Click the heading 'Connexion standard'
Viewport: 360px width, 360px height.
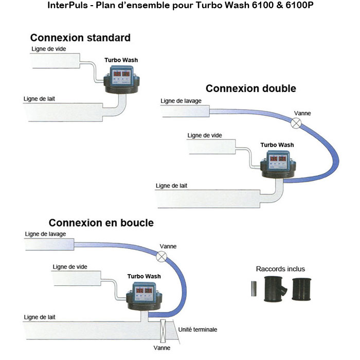(x=80, y=38)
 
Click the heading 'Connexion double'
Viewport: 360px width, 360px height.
(x=250, y=88)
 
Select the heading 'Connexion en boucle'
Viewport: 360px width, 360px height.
(x=101, y=223)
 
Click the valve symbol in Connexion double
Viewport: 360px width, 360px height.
(x=297, y=122)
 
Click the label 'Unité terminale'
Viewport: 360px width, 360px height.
(x=197, y=329)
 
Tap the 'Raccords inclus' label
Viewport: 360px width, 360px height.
(x=280, y=269)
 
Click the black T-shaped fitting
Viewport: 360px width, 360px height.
(x=275, y=289)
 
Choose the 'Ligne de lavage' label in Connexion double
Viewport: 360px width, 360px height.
(x=181, y=101)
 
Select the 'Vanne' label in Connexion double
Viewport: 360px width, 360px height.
(x=302, y=113)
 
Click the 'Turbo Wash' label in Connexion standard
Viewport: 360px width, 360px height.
(x=121, y=60)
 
